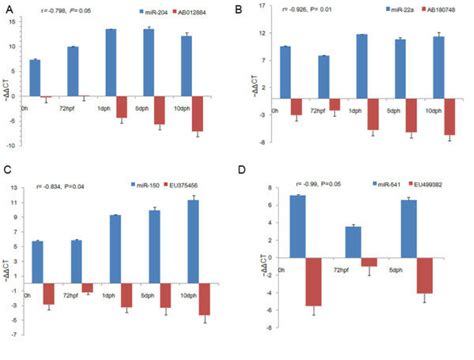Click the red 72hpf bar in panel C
(86, 287)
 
